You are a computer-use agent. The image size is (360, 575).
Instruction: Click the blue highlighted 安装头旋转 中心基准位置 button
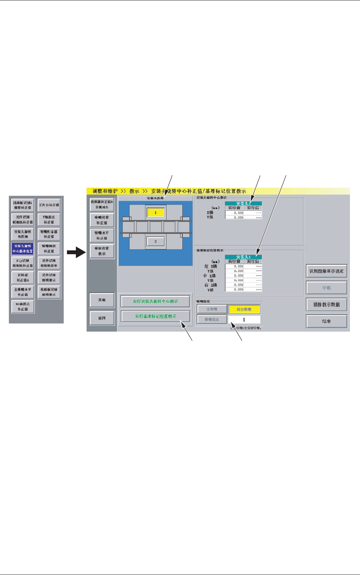tap(23, 248)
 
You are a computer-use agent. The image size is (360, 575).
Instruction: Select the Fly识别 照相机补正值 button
tap(23, 263)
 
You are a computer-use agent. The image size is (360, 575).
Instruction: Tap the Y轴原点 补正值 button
tap(49, 220)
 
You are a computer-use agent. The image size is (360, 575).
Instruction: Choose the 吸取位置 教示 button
tap(102, 251)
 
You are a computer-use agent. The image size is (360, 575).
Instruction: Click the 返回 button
tap(102, 318)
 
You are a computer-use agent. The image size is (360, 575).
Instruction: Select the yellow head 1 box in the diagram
tap(156, 213)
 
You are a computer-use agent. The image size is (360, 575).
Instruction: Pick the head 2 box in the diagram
tap(156, 241)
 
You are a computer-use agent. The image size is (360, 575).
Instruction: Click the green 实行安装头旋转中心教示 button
tap(155, 301)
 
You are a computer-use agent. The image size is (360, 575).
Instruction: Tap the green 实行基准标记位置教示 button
tap(155, 316)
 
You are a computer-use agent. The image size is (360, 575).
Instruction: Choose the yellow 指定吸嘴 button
tap(244, 309)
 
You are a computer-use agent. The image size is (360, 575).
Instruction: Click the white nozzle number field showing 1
tap(244, 320)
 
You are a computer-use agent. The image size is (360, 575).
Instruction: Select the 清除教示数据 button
tap(326, 305)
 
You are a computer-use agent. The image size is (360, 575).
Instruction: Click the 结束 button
tap(326, 321)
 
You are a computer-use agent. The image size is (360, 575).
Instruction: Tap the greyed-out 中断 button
tap(326, 288)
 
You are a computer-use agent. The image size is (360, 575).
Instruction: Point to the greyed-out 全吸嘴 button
tap(212, 309)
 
